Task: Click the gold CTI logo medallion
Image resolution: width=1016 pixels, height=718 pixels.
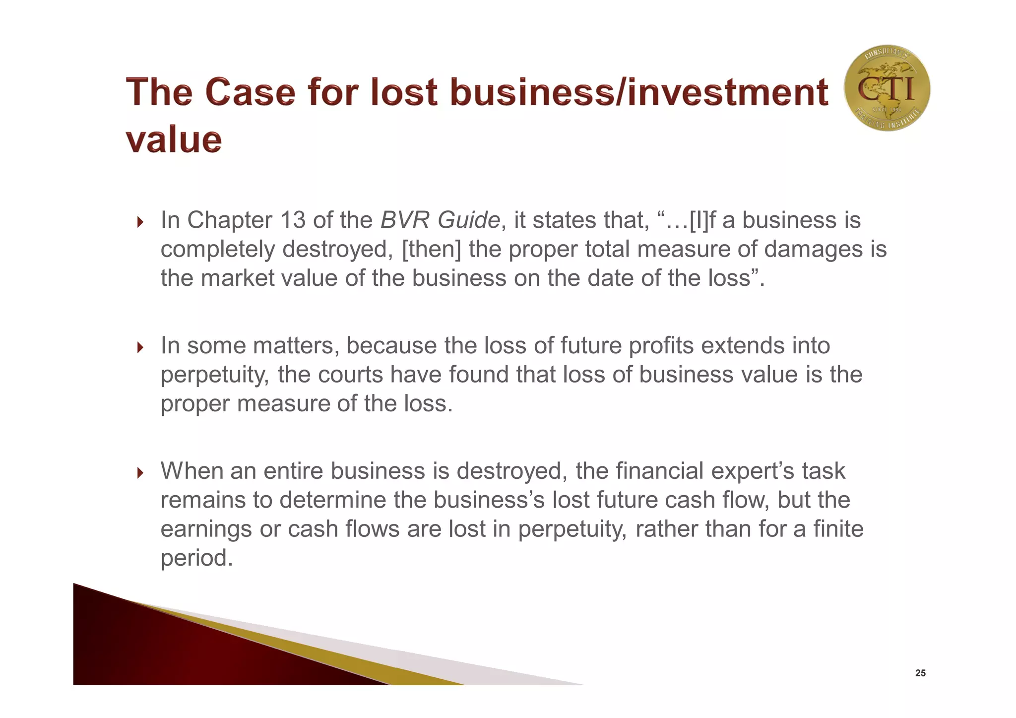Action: [887, 88]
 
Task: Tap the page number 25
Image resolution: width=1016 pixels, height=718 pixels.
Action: [920, 673]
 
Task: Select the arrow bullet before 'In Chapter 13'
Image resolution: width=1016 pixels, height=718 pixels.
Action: [140, 222]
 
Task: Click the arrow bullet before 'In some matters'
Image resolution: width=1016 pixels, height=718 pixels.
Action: [140, 347]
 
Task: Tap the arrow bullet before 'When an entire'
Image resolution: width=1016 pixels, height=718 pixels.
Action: [140, 472]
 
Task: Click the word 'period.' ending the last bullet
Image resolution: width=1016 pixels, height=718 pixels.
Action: [196, 558]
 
